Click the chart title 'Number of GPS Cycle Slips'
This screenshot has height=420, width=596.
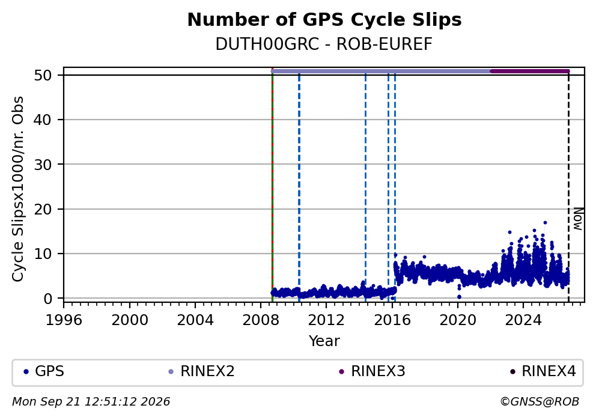324,20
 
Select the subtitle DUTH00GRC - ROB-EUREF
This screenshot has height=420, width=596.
324,44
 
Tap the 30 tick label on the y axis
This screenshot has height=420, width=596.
43,164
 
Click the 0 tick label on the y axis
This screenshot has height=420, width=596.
47,299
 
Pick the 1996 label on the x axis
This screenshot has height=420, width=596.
64,320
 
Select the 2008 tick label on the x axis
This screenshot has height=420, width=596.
261,320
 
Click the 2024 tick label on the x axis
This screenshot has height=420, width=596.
523,320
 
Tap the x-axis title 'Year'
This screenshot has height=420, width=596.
324,341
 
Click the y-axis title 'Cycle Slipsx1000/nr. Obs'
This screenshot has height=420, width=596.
18,189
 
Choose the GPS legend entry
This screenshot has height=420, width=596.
44,371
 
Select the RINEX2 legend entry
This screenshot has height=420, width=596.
202,371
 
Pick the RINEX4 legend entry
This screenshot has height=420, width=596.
543,371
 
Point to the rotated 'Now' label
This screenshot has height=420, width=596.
578,219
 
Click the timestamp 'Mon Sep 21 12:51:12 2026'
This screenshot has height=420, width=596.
91,402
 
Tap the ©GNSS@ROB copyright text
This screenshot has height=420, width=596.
540,402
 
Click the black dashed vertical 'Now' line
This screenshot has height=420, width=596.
568,187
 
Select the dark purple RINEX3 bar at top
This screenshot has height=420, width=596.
530,71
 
